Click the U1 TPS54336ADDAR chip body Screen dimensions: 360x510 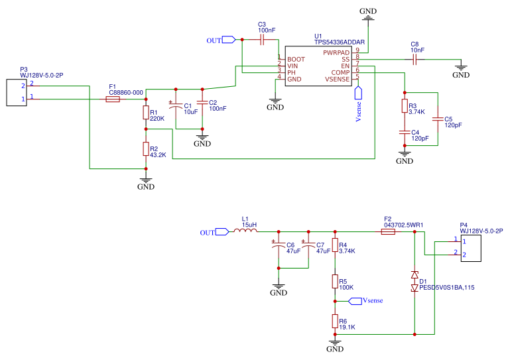coord(317,65)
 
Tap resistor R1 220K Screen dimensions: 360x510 coord(145,113)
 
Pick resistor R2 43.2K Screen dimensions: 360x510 coord(145,149)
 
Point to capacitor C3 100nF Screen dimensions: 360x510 coord(262,40)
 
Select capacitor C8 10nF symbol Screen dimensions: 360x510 coord(414,59)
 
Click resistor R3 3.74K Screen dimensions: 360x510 coord(404,106)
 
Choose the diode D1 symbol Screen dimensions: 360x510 coord(415,281)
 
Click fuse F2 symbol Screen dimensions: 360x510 coord(389,232)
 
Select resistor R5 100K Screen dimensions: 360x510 coord(335,282)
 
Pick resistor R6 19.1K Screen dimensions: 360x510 coord(335,322)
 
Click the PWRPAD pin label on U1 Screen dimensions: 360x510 coord(336,52)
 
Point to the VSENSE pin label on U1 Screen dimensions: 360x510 coord(336,79)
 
